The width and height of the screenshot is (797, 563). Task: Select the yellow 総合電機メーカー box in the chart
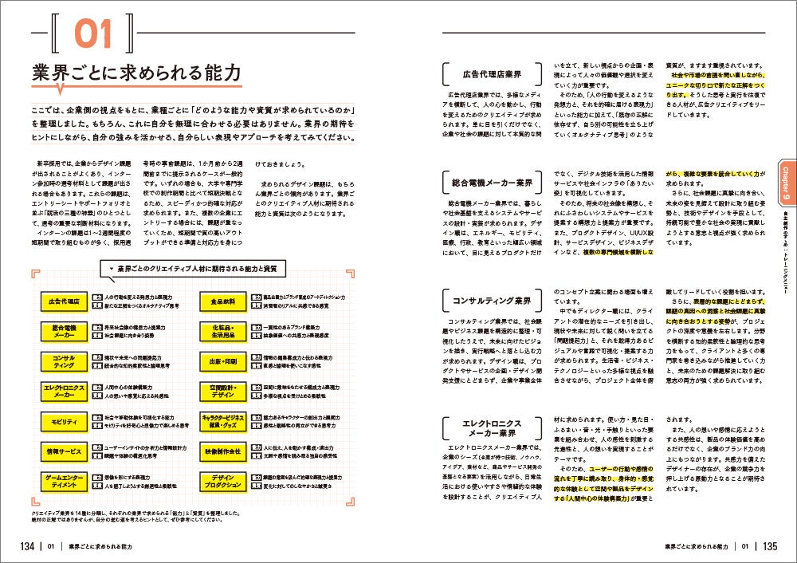click(x=64, y=330)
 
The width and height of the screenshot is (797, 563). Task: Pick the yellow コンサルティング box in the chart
click(x=64, y=360)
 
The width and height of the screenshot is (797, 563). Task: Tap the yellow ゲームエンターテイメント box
click(x=64, y=482)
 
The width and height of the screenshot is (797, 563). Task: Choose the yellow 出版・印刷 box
click(x=222, y=360)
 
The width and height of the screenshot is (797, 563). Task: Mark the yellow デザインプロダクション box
click(x=222, y=482)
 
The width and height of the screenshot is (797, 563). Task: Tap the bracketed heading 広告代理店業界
click(x=491, y=73)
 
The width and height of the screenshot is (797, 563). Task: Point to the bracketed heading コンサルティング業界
click(x=491, y=301)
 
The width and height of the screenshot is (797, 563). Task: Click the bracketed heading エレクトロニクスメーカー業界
click(x=491, y=428)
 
